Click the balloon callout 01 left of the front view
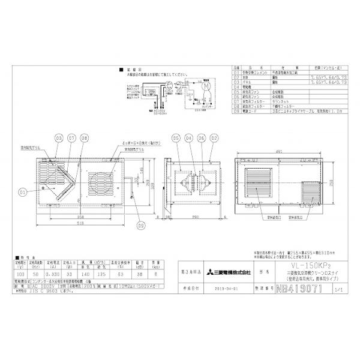[x=22, y=192]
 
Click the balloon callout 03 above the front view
[x=59, y=137]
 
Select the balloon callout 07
[x=71, y=137]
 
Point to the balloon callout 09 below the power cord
[x=141, y=226]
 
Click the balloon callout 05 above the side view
[x=176, y=137]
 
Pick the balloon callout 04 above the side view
[x=190, y=137]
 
